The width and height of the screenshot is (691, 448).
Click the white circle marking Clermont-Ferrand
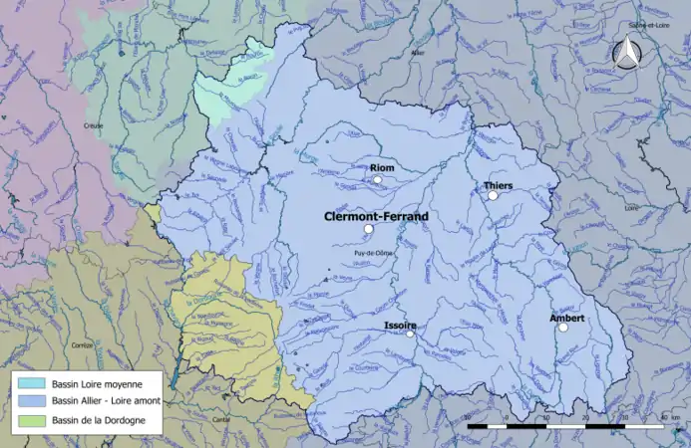pyautogui.click(x=368, y=229)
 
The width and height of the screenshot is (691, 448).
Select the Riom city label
pyautogui.click(x=382, y=168)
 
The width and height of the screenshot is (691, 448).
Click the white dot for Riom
pyautogui.click(x=378, y=180)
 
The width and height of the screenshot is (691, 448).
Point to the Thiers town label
pyautogui.click(x=498, y=185)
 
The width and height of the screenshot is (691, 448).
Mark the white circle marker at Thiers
pyautogui.click(x=493, y=195)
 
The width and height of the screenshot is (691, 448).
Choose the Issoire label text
pyautogui.click(x=399, y=326)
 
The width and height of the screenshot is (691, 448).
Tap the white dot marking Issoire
pyautogui.click(x=409, y=335)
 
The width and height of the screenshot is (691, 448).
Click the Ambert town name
pyautogui.click(x=566, y=318)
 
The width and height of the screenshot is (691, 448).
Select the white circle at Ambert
pyautogui.click(x=562, y=328)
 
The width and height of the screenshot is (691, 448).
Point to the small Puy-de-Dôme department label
pyautogui.click(x=373, y=252)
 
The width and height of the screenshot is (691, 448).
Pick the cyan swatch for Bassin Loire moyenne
pyautogui.click(x=30, y=383)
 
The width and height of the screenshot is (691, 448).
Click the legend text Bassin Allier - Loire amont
pyautogui.click(x=106, y=400)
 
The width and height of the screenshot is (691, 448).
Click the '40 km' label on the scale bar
pyautogui.click(x=669, y=416)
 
